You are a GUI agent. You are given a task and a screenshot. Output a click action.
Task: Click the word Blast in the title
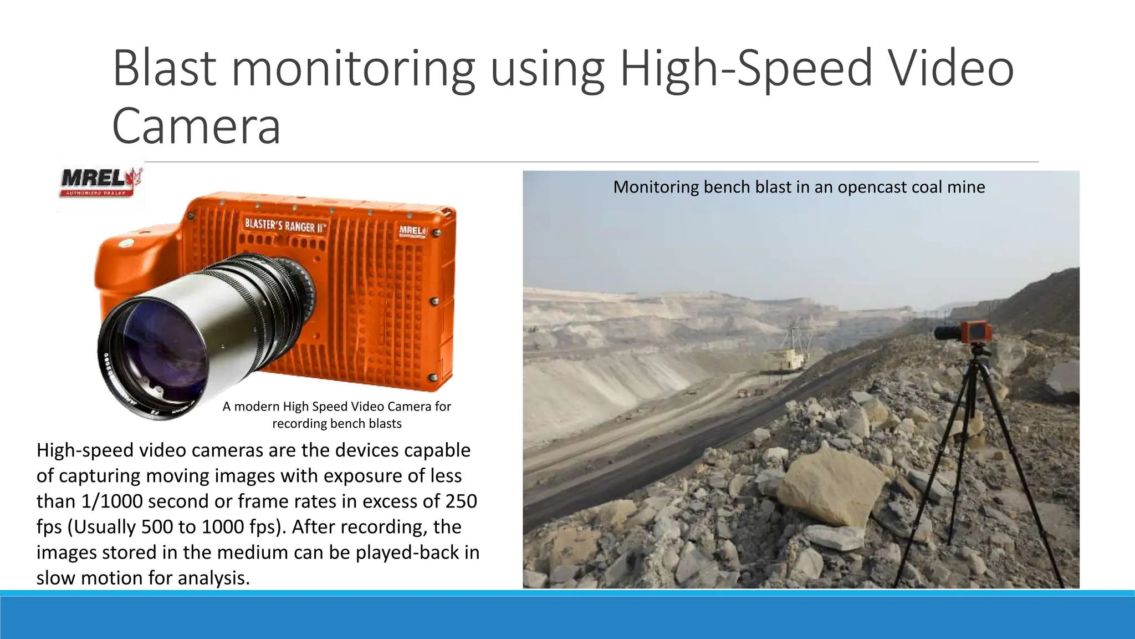[x=164, y=69]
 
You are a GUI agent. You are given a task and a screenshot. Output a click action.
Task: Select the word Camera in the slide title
[x=196, y=126]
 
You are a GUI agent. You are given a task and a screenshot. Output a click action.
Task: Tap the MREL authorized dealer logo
[x=100, y=182]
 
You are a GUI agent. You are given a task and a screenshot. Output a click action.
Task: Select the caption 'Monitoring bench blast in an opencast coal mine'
[x=799, y=187]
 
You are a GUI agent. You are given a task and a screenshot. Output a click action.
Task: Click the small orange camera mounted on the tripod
[x=976, y=331]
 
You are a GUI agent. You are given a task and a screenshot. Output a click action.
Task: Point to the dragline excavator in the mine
[x=787, y=355]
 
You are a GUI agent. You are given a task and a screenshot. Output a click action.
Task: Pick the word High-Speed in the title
[x=745, y=69]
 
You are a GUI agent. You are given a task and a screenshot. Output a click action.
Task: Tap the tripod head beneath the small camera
[x=979, y=351]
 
